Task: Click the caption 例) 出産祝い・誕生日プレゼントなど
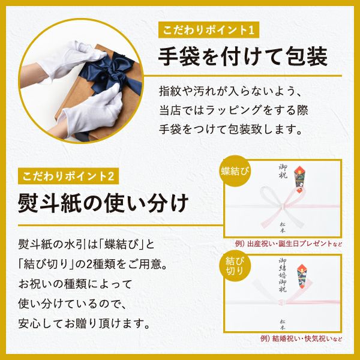coord(286,244)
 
